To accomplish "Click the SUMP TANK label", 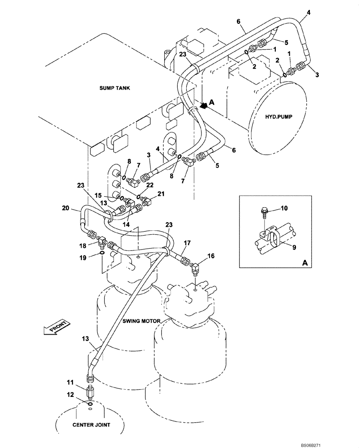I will pos(115,88).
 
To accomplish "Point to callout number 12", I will pos(69,395).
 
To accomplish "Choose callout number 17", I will pos(188,243).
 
